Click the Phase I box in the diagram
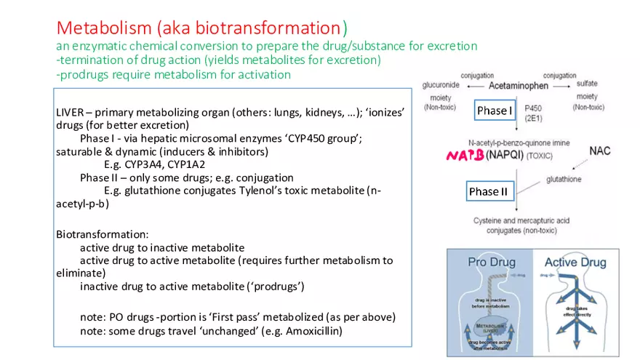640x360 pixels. pos(495,111)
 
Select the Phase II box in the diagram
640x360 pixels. pos(488,191)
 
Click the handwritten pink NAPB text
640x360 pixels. pos(465,155)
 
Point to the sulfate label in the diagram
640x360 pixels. pos(586,85)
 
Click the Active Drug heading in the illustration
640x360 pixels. pos(575,262)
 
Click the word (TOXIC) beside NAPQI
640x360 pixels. pos(540,156)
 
